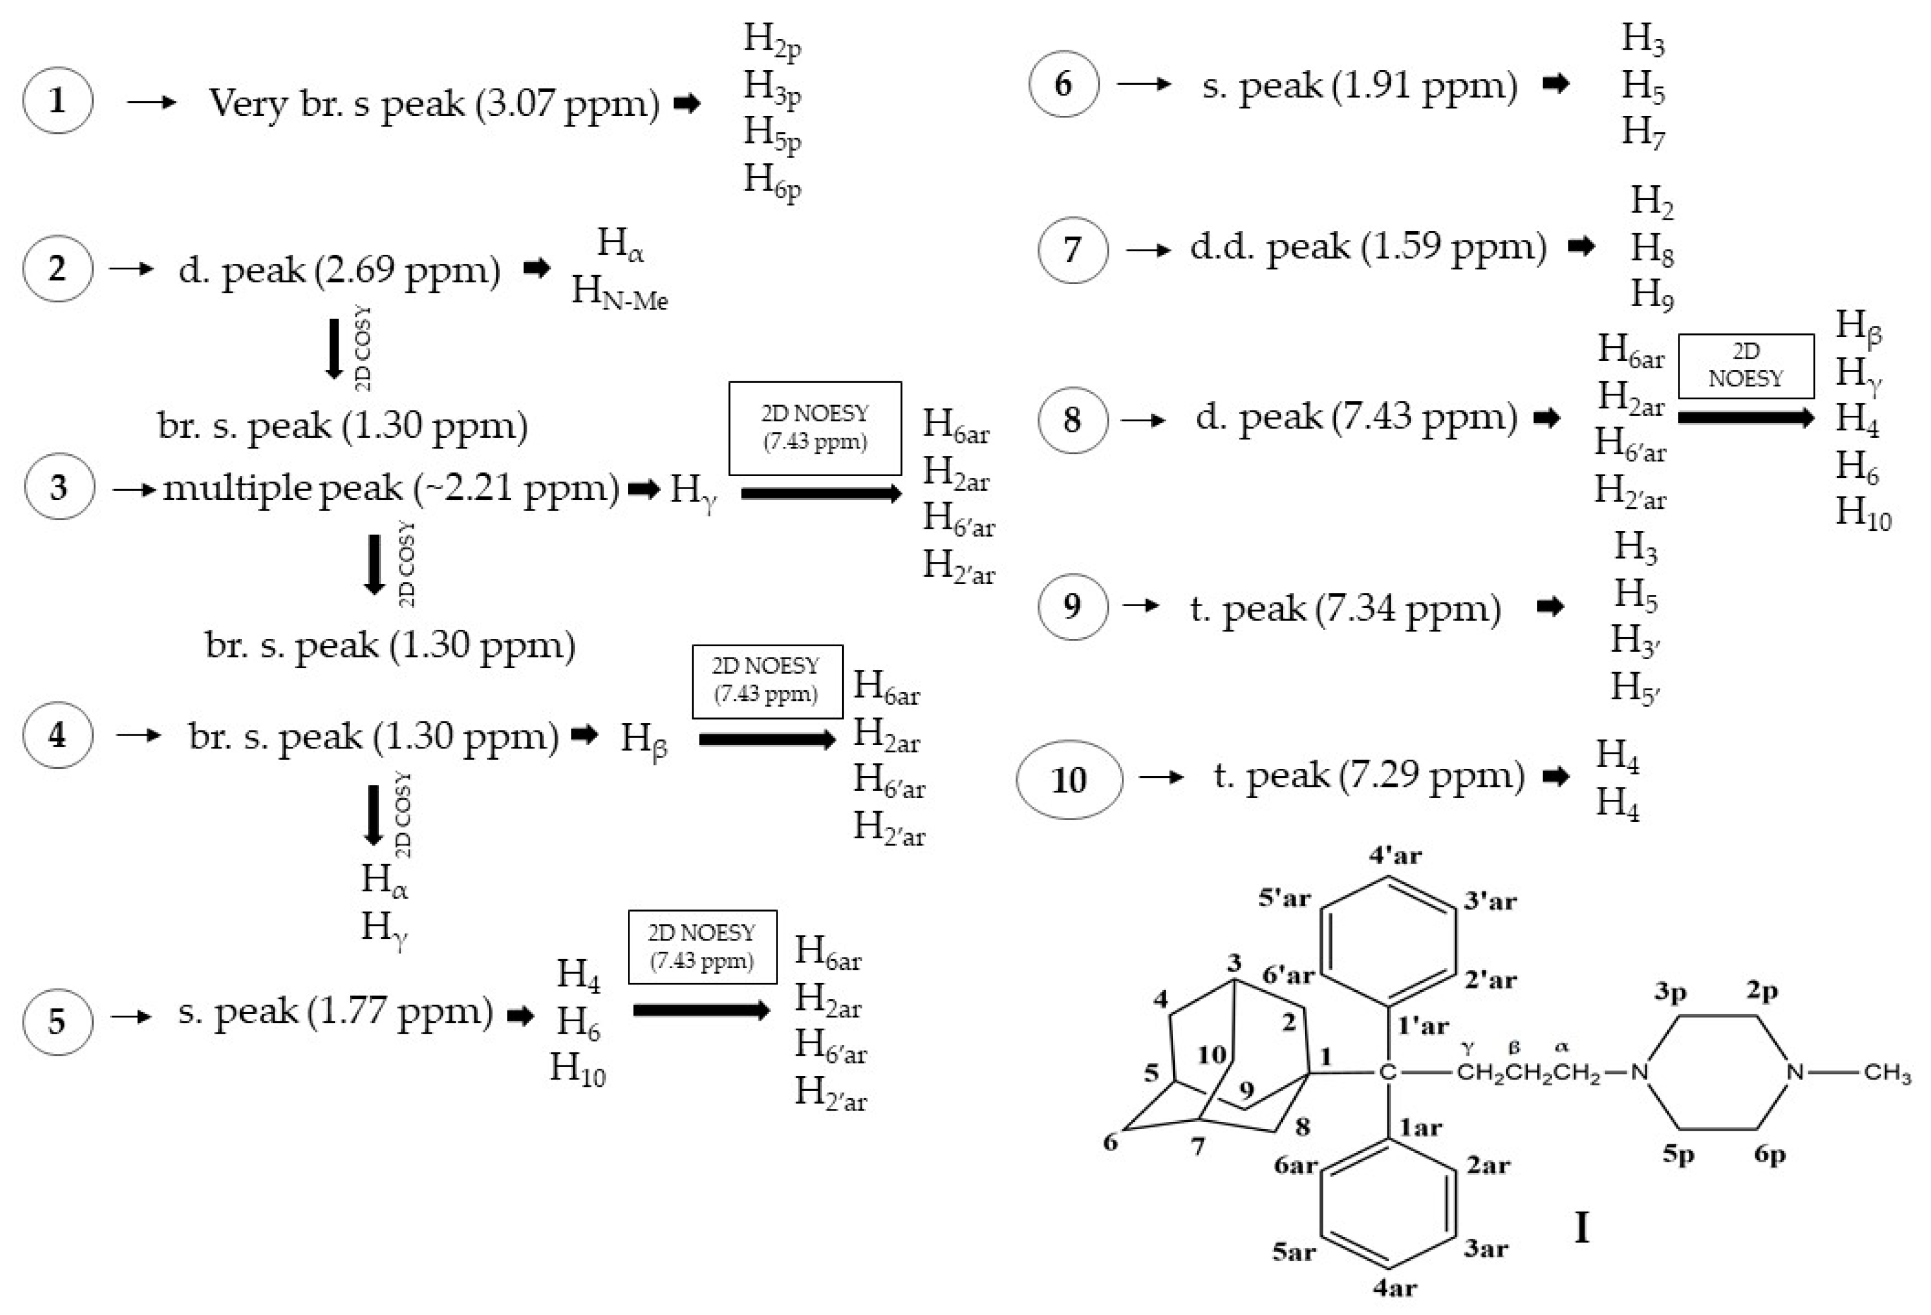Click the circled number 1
[57, 101]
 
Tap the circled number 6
[1064, 84]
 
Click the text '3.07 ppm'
[569, 104]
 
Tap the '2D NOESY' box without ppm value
[1746, 365]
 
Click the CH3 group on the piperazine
[1886, 1073]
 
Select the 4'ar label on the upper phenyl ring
[1395, 856]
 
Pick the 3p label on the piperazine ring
[1670, 991]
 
